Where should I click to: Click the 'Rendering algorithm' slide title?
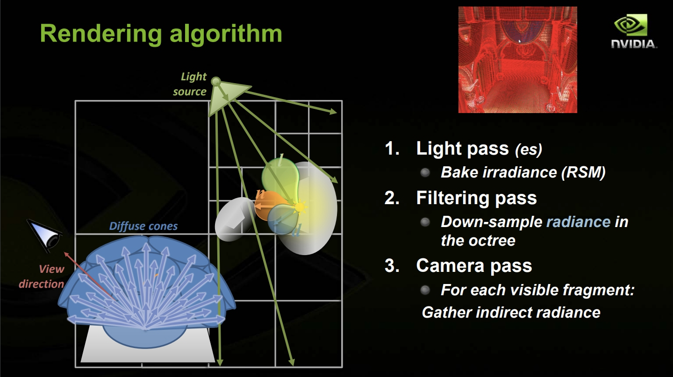pyautogui.click(x=161, y=34)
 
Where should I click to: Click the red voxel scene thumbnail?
pyautogui.click(x=517, y=60)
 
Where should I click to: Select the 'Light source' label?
pyautogui.click(x=190, y=84)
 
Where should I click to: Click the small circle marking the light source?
pyautogui.click(x=216, y=81)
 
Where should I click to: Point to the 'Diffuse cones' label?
pyautogui.click(x=143, y=226)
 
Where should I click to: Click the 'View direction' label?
pyautogui.click(x=42, y=277)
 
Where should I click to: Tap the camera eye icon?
pyautogui.click(x=45, y=236)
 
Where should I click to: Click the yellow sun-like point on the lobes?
pyautogui.click(x=299, y=207)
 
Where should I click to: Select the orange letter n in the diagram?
pyautogui.click(x=260, y=194)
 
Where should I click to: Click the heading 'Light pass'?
pyautogui.click(x=462, y=149)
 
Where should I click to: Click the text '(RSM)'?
pyautogui.click(x=583, y=172)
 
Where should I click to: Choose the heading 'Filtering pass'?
pyautogui.click(x=476, y=198)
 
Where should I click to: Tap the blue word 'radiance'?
pyautogui.click(x=579, y=222)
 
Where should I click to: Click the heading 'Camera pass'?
pyautogui.click(x=474, y=266)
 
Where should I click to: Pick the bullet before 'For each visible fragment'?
pyautogui.click(x=425, y=290)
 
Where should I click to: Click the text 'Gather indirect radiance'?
pyautogui.click(x=511, y=313)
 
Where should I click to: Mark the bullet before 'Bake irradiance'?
pyautogui.click(x=425, y=173)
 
